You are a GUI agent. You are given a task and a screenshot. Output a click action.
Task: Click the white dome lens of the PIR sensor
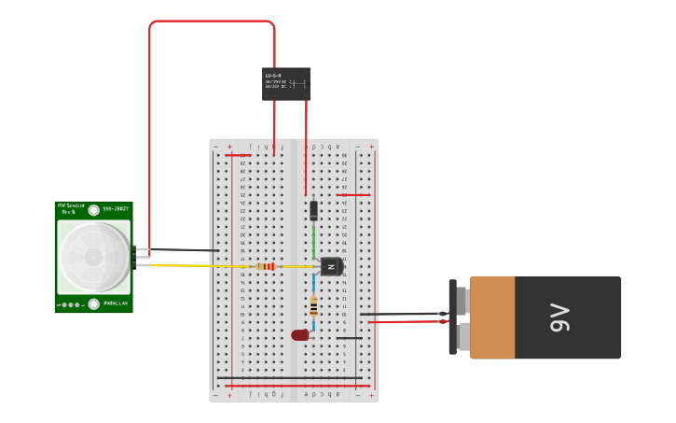93,257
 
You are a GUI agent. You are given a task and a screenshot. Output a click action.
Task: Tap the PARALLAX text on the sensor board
116,303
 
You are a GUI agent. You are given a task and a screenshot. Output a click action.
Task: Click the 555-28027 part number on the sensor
116,208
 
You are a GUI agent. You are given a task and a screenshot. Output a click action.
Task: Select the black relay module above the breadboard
285,84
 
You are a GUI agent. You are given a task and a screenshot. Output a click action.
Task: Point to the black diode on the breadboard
313,210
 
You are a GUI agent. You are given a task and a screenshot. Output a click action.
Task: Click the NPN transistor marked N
331,267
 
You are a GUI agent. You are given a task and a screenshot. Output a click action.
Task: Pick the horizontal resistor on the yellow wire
266,266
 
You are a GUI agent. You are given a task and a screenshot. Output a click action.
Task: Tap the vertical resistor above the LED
313,306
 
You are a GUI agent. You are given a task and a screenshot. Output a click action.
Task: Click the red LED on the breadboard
299,335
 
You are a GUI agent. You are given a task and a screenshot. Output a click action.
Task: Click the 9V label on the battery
559,317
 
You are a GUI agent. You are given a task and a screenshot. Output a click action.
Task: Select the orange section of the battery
492,317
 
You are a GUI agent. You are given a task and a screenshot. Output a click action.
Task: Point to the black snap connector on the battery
453,317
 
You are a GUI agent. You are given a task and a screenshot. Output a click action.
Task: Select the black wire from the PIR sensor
182,250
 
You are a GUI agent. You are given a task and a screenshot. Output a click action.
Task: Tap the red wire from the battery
410,322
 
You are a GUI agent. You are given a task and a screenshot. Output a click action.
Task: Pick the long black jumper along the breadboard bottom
289,378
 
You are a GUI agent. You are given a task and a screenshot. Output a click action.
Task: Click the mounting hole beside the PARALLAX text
94,303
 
